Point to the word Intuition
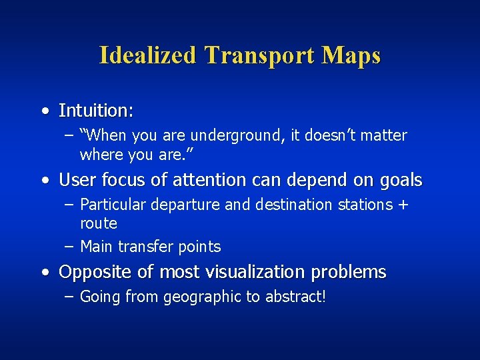95,110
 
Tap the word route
99,223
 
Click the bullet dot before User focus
44,181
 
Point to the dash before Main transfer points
69,247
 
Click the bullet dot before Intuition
44,110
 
